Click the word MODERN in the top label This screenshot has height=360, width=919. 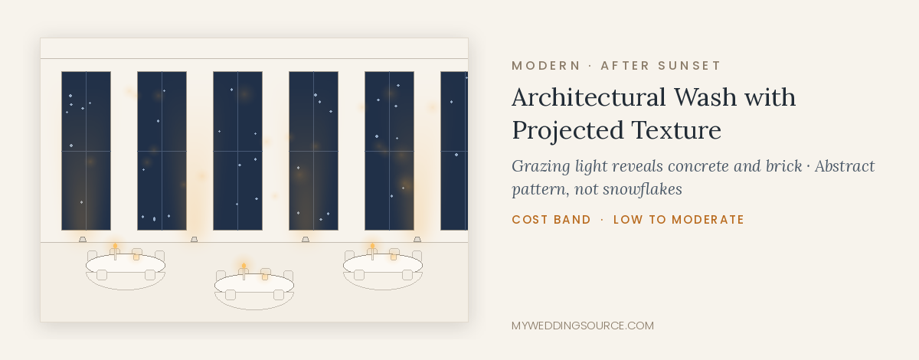point(545,66)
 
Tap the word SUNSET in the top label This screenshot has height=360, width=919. point(689,66)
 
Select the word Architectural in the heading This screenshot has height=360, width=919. point(589,97)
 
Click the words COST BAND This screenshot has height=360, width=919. point(551,220)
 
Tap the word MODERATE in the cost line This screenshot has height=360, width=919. point(708,220)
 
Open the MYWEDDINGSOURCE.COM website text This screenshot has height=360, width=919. point(583,326)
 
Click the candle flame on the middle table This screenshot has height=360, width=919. point(244,266)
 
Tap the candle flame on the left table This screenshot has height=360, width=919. point(116,246)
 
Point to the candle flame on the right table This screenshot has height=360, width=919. point(372,246)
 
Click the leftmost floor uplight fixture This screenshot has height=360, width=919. point(83,239)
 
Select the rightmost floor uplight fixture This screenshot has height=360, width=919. point(417,239)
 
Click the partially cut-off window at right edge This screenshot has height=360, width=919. point(454,151)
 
